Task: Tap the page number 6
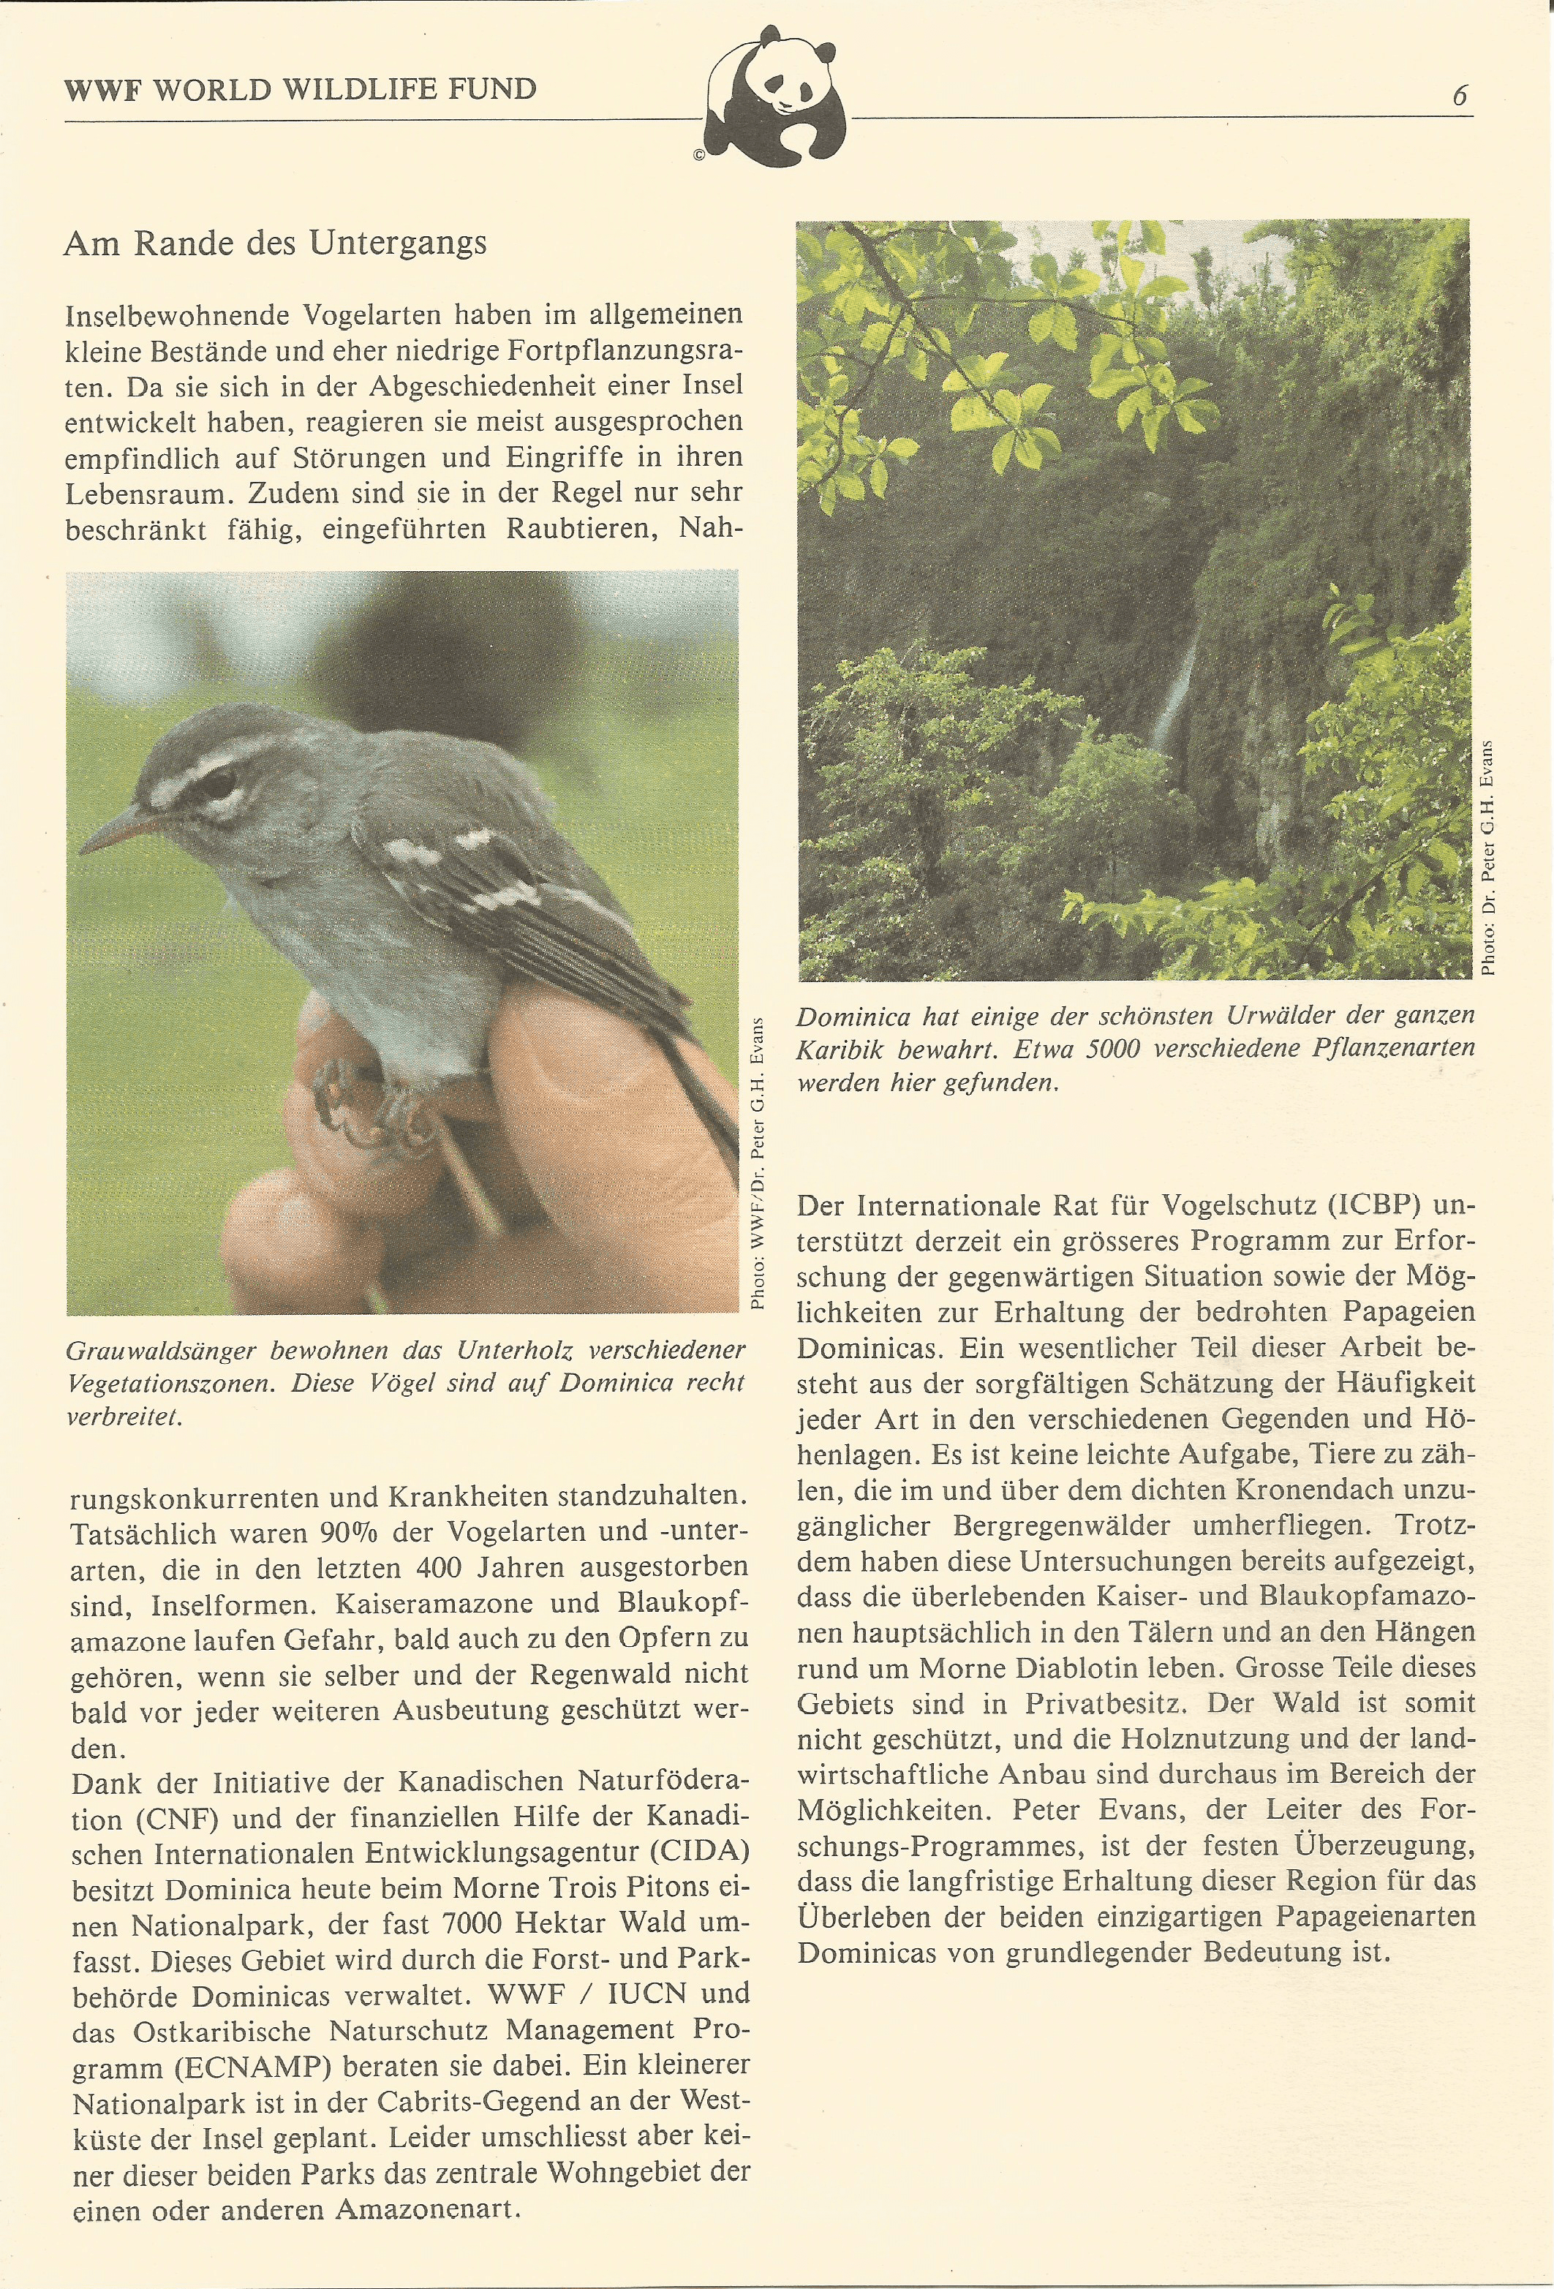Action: point(1460,96)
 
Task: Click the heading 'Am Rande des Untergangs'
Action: point(275,244)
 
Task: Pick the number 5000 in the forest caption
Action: point(1112,1049)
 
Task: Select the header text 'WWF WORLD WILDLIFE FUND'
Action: point(301,90)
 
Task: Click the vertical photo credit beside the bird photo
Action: point(758,1162)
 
